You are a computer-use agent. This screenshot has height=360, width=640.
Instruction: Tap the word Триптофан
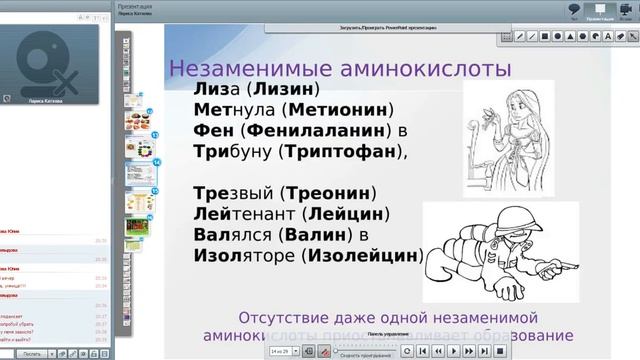[342, 152]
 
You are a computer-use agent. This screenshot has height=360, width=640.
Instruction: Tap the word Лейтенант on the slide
[233, 214]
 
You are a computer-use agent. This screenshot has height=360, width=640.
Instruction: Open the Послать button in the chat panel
[31, 353]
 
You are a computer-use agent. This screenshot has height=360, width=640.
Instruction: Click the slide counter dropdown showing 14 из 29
[283, 351]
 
